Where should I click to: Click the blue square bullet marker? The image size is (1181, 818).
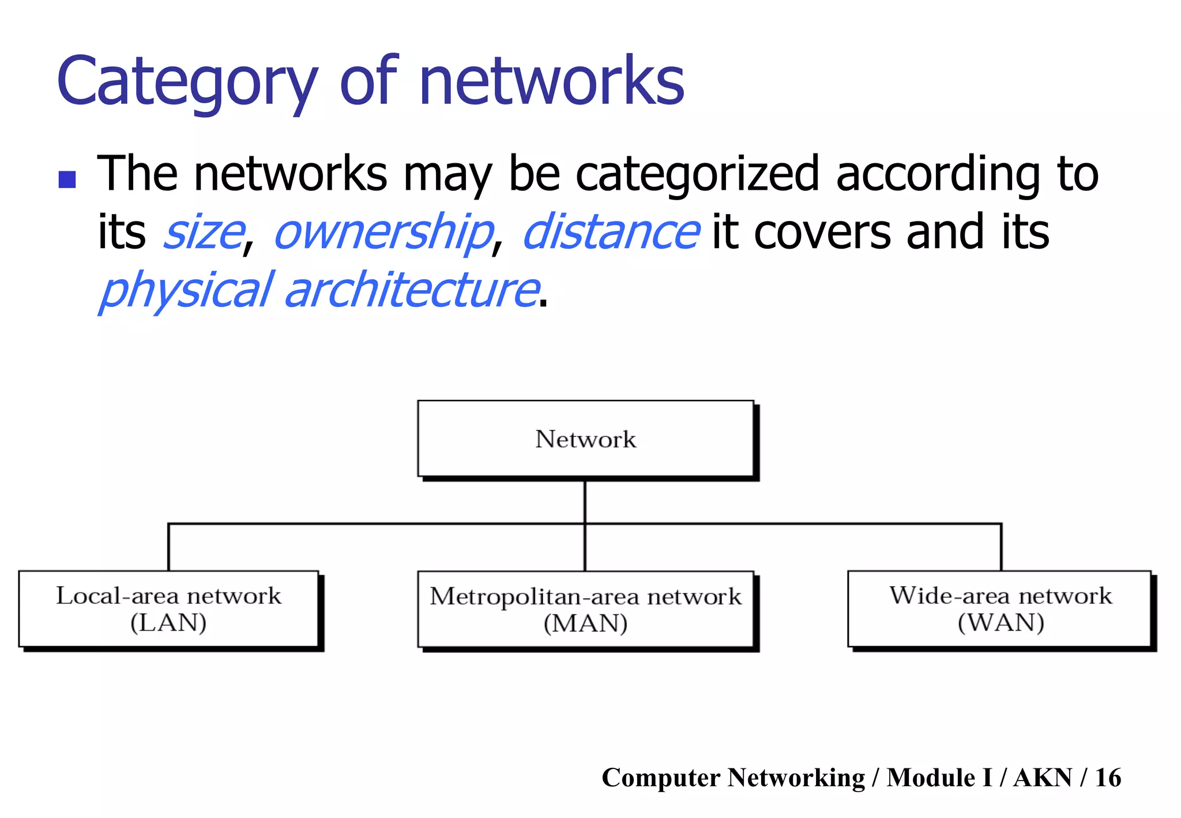pyautogui.click(x=67, y=179)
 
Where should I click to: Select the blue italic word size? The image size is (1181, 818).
pyautogui.click(x=204, y=232)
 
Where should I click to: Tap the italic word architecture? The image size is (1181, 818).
pyautogui.click(x=412, y=290)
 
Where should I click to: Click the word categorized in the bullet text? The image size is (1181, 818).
pyautogui.click(x=697, y=174)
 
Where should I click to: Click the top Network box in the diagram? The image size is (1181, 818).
pyautogui.click(x=585, y=439)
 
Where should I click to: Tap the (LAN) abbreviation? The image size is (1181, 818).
pyautogui.click(x=168, y=623)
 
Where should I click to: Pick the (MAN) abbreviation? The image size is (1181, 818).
pyautogui.click(x=585, y=624)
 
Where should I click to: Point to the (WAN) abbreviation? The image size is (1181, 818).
pyautogui.click(x=1001, y=623)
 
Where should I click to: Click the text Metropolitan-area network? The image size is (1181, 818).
pyautogui.click(x=585, y=596)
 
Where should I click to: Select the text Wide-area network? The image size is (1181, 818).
pyautogui.click(x=1001, y=596)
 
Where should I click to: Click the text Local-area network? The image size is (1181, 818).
pyautogui.click(x=168, y=596)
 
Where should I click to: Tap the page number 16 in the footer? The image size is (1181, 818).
pyautogui.click(x=1108, y=778)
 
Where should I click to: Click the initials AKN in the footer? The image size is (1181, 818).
pyautogui.click(x=1043, y=778)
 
